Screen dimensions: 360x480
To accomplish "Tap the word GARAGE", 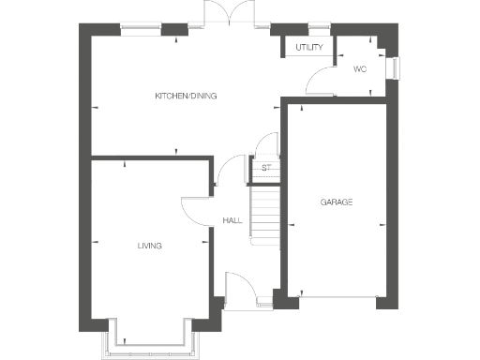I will [x=336, y=202].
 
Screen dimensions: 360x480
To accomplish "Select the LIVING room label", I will [x=150, y=246].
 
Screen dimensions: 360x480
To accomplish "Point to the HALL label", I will [x=232, y=220].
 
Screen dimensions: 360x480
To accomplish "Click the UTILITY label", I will [x=308, y=47].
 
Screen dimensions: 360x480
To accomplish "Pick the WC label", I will [x=359, y=69].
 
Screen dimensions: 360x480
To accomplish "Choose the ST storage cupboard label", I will [x=265, y=168].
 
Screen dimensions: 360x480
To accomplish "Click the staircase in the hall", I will [x=266, y=213].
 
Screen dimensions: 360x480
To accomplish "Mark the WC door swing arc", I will [x=322, y=78].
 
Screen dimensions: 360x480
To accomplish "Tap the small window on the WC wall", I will [x=397, y=68].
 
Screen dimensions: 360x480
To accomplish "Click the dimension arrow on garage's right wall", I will [x=382, y=225].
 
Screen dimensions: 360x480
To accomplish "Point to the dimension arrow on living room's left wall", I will [x=95, y=244].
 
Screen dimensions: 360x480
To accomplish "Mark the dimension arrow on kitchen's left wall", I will [x=95, y=110].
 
